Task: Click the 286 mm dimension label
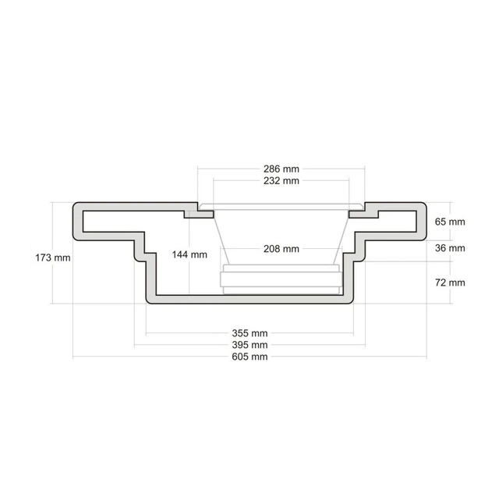tap(280, 168)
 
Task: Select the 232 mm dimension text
tap(280, 181)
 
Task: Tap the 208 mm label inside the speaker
tap(280, 249)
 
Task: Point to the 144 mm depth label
tap(189, 254)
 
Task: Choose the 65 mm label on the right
tap(450, 222)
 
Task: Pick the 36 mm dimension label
tap(450, 248)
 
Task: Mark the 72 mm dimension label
tap(450, 282)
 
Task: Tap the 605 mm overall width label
tap(249, 357)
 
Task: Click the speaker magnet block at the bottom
tap(280, 278)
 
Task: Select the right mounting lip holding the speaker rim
tap(363, 211)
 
